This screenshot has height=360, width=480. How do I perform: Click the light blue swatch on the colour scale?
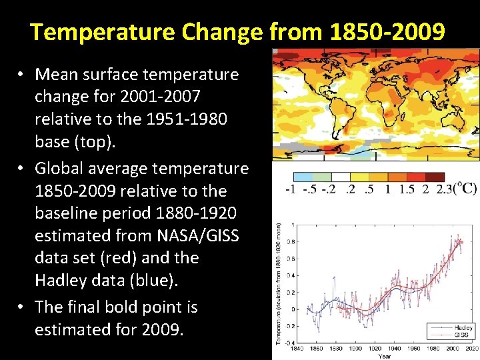coord(303,177)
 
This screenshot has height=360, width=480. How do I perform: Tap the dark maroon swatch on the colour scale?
coord(435,177)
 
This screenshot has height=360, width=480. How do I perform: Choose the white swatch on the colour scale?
coord(341,177)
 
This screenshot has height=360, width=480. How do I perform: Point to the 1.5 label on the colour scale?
coord(407,190)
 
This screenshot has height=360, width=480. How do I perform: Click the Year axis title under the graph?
coord(385,356)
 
